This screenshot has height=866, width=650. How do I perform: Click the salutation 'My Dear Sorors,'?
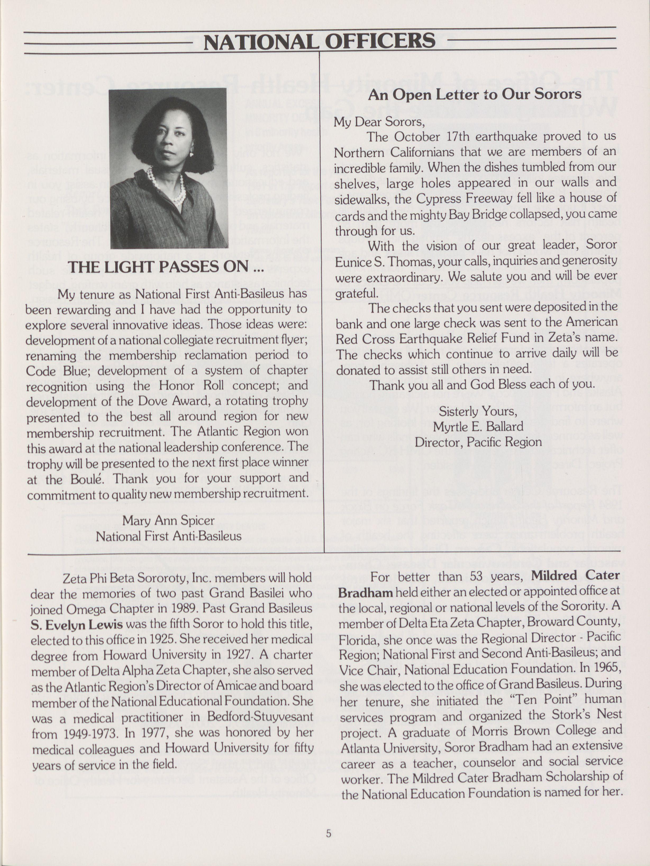pos(379,122)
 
